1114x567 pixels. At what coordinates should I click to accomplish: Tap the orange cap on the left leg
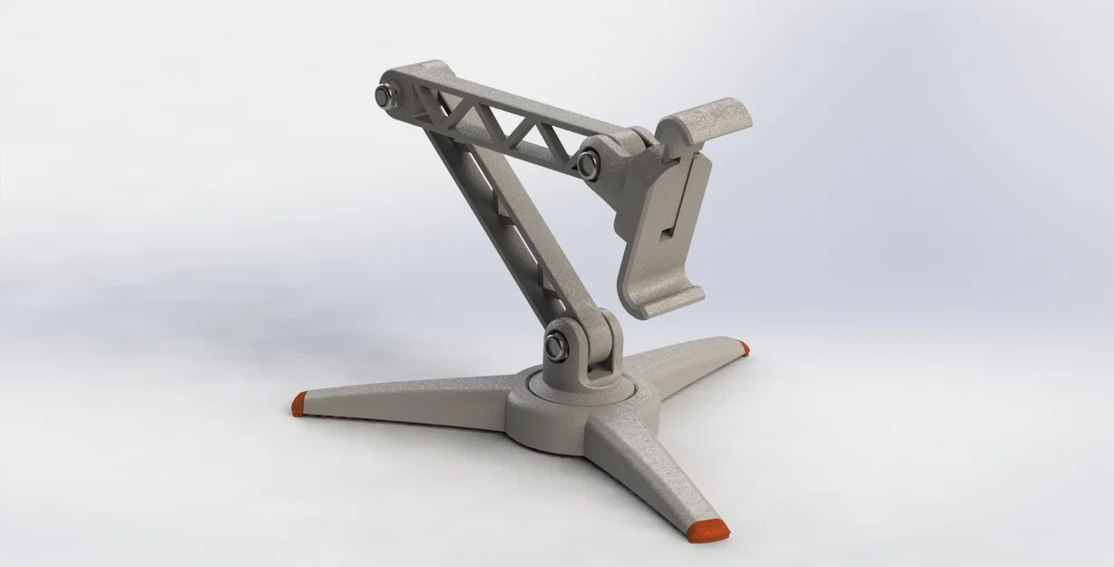[x=298, y=404]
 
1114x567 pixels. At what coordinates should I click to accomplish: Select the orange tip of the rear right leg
[x=744, y=347]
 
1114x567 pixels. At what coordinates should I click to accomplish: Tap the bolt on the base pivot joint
[x=556, y=345]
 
